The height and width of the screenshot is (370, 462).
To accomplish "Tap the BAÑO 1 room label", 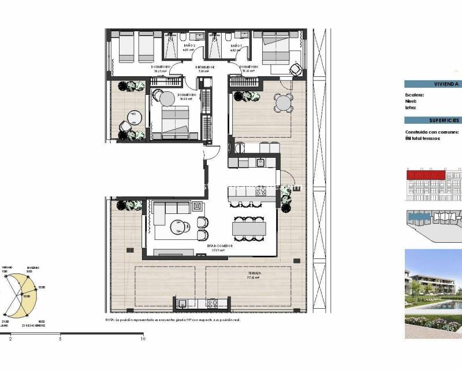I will (236, 46).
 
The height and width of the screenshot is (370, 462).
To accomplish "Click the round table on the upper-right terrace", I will (283, 103).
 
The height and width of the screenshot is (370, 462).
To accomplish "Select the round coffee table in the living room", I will (176, 228).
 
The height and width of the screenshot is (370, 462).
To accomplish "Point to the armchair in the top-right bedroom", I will (295, 70).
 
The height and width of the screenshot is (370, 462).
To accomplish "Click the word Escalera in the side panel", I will (415, 95).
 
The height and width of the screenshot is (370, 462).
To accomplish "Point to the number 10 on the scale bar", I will (143, 339).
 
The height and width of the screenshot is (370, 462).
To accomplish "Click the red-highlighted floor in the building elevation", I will (433, 173).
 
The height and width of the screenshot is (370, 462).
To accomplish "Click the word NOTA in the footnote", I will (111, 320).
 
